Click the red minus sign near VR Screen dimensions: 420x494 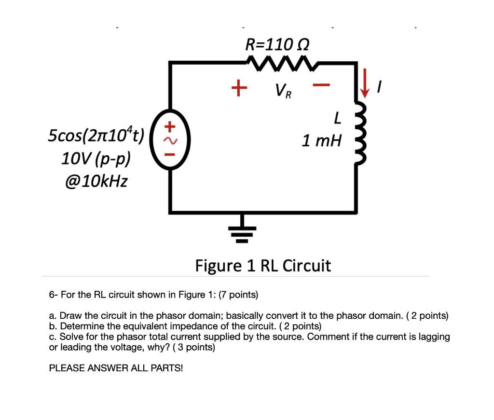click(x=321, y=86)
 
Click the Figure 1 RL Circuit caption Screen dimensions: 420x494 click(x=263, y=266)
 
